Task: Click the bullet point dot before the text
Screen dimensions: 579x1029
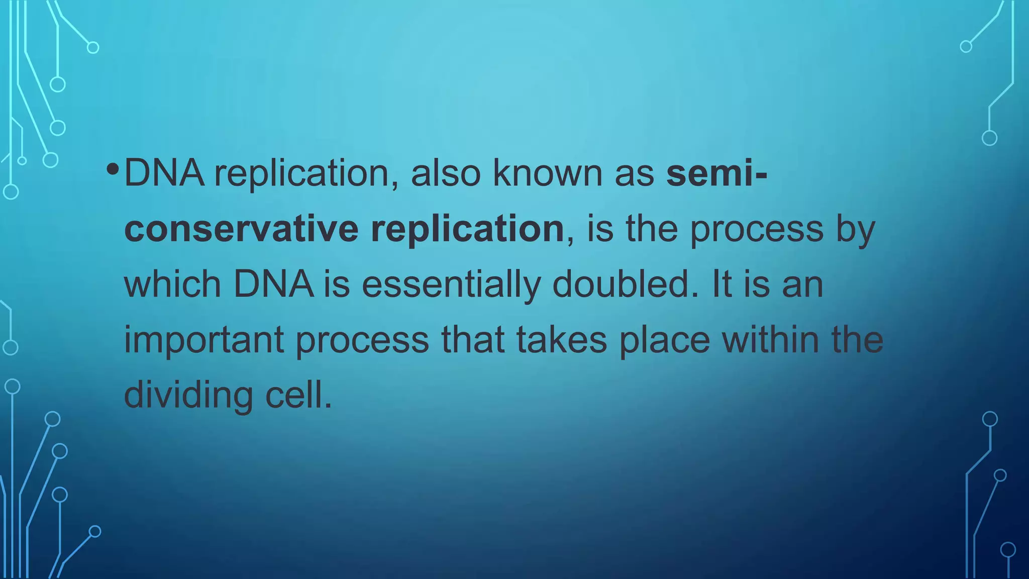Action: tap(113, 169)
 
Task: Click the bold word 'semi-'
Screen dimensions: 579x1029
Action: tap(716, 173)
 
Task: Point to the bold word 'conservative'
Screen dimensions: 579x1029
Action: tap(241, 229)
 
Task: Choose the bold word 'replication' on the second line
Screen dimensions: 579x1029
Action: tap(467, 229)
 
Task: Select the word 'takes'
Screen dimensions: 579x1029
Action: tap(562, 340)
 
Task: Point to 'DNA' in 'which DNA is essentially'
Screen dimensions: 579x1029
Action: tap(274, 284)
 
